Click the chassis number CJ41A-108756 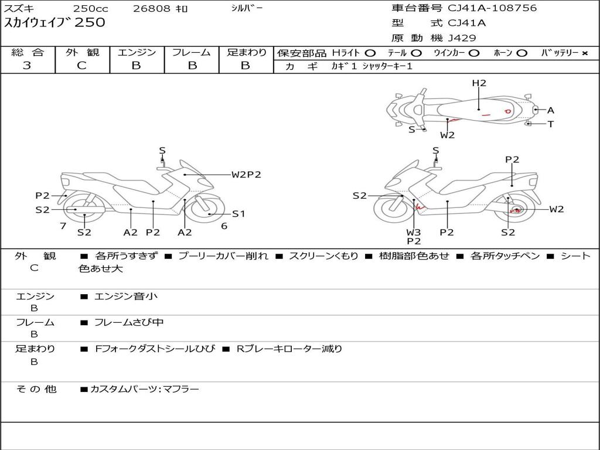point(492,8)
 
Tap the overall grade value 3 point(27,66)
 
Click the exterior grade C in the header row point(82,66)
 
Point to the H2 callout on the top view point(479,83)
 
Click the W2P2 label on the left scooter point(246,175)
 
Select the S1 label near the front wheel point(238,214)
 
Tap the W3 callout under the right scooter point(414,232)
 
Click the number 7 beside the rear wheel point(63,226)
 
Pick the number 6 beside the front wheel point(224,226)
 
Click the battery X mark point(585,53)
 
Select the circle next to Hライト point(370,53)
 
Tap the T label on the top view point(551,124)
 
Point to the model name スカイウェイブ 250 point(54,22)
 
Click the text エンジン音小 point(126,296)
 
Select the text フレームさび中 point(129,323)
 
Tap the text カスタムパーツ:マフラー point(145,389)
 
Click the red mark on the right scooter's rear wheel point(514,210)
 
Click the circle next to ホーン point(521,53)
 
